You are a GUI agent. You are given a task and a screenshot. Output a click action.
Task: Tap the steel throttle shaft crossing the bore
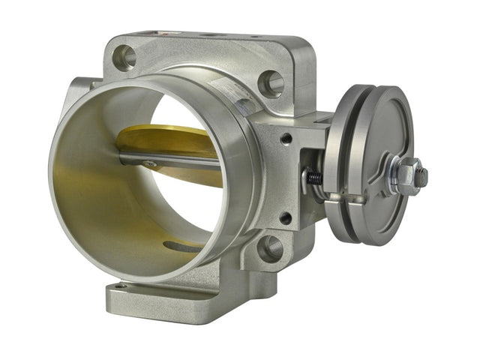(x=172, y=160)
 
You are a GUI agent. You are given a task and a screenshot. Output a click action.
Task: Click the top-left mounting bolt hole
(x=125, y=57)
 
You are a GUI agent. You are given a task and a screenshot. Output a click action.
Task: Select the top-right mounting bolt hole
(x=270, y=83)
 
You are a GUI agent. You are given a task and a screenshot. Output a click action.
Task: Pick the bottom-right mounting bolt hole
(x=269, y=247)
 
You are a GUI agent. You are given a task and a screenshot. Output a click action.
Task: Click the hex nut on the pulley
(x=406, y=177)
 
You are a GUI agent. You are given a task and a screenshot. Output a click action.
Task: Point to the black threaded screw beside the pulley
(x=313, y=178)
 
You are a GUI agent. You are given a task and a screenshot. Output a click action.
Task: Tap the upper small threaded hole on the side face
(x=286, y=138)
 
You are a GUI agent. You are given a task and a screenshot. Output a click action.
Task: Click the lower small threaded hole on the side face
(x=285, y=218)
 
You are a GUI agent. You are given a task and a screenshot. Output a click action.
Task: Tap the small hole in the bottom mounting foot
(x=120, y=288)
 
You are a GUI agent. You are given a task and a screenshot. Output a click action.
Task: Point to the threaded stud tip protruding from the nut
(x=421, y=177)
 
